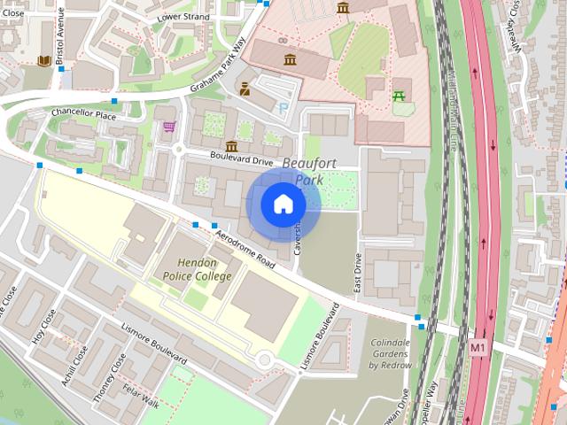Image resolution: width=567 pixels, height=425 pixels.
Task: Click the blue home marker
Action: tap(282, 205)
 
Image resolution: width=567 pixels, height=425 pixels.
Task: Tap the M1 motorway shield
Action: tap(479, 346)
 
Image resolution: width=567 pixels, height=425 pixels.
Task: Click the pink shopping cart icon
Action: tap(168, 127)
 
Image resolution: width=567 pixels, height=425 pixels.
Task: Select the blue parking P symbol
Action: tap(283, 108)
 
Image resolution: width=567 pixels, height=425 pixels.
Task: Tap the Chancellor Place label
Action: tap(84, 115)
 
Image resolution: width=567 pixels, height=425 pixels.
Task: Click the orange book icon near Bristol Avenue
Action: tap(43, 61)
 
